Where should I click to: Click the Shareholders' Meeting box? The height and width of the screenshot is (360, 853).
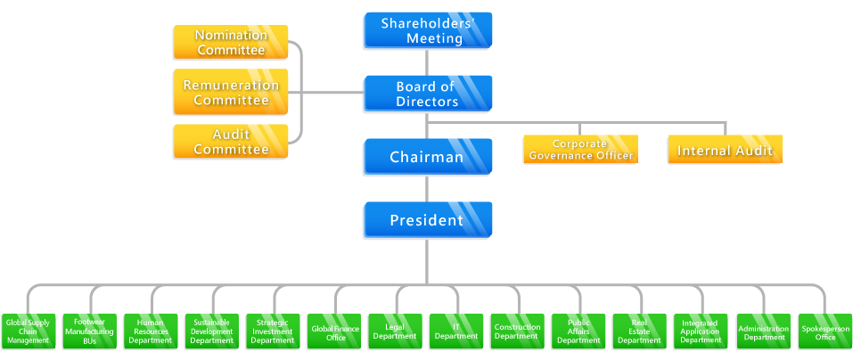[427, 31]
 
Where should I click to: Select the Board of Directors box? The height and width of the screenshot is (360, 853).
[427, 94]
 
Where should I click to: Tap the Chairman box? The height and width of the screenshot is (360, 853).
[427, 157]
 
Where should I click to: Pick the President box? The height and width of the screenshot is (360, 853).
[427, 219]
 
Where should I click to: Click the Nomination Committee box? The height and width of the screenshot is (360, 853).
[231, 43]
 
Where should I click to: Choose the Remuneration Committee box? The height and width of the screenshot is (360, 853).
[231, 93]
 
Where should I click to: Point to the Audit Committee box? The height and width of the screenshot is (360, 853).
[231, 143]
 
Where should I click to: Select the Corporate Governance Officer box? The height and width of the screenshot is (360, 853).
[579, 150]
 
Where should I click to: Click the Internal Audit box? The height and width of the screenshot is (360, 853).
[725, 150]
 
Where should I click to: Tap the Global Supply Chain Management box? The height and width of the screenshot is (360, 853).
[28, 331]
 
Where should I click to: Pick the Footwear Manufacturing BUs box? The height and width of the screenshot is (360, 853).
[89, 331]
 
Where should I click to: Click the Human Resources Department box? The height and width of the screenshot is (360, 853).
[150, 331]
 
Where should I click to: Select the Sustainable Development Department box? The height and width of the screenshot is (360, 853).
[211, 331]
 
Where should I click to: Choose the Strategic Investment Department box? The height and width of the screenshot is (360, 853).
[272, 331]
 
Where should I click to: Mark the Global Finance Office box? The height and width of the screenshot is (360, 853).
[333, 331]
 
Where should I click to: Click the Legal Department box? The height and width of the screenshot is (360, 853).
[395, 331]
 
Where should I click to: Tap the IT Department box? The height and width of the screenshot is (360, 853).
[455, 331]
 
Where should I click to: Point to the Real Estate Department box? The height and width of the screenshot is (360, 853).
[639, 331]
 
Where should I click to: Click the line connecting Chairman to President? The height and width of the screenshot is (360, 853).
[427, 189]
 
